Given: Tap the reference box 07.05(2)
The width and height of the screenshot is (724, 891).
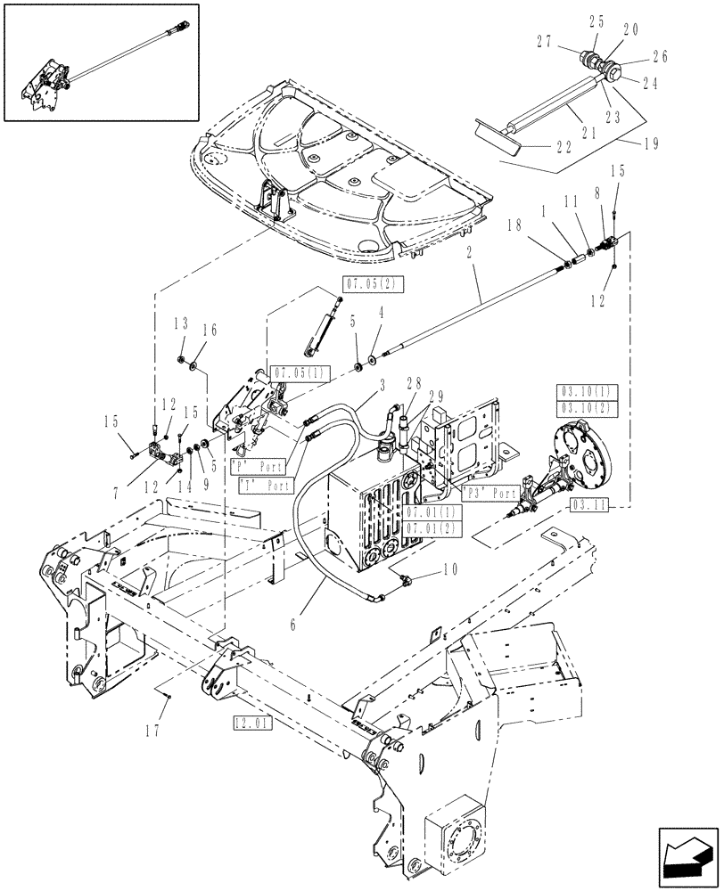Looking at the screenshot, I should pos(358,284).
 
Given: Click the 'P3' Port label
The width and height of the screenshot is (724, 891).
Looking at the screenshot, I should pos(490,493).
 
